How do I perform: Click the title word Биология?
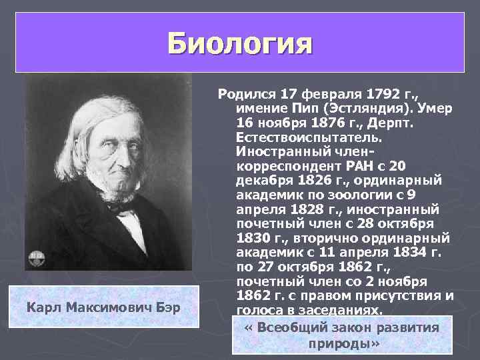pyautogui.click(x=240, y=44)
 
